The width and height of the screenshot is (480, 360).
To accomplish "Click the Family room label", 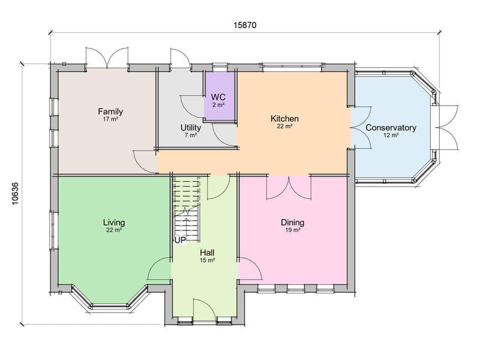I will [x=110, y=112].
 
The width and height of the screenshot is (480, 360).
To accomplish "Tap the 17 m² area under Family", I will [x=110, y=120].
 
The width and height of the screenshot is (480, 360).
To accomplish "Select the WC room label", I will [x=218, y=97].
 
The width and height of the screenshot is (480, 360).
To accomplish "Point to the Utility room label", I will [x=191, y=127].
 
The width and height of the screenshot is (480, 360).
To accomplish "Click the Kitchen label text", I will [x=284, y=119].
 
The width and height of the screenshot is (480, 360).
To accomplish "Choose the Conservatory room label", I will [x=391, y=127].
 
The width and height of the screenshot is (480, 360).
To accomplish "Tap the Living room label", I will [x=114, y=222].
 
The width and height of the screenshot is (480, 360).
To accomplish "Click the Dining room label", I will [x=292, y=223].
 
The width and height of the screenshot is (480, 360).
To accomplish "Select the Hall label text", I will [x=208, y=253].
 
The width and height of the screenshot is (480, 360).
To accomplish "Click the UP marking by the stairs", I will [x=180, y=240].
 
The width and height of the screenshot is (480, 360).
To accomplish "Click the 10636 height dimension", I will [x=16, y=193].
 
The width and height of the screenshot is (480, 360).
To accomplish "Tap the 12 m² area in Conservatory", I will [x=391, y=136].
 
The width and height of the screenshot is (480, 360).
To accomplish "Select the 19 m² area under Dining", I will [x=292, y=230].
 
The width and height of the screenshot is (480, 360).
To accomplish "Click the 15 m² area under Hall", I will [x=208, y=260].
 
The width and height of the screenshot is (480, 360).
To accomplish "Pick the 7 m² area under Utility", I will [x=191, y=135].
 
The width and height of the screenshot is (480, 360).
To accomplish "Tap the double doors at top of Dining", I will [x=289, y=187].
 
